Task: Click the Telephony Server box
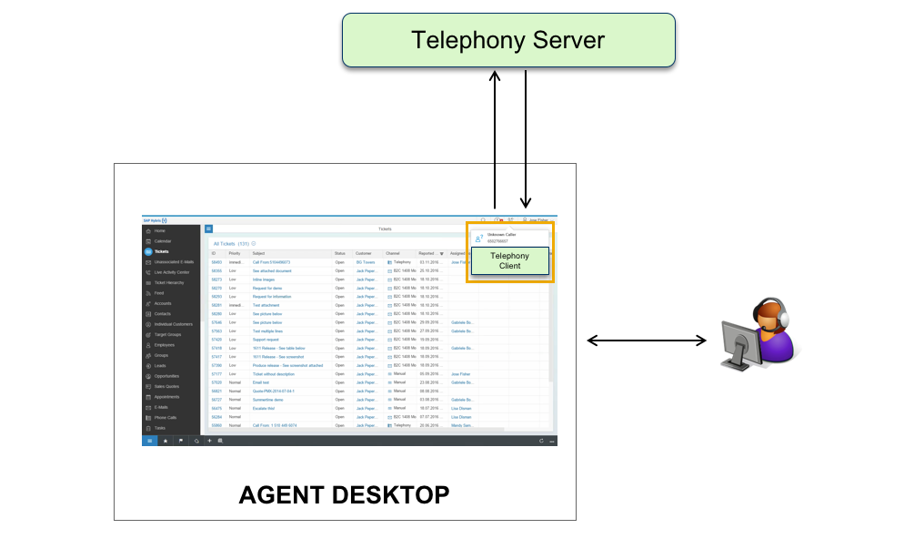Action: point(508,40)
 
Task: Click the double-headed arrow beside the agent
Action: point(647,341)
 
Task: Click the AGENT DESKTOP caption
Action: point(344,494)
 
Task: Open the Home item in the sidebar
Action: point(159,231)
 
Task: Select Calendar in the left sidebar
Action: point(163,241)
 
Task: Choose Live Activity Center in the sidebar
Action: point(171,272)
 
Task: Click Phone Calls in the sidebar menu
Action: point(166,417)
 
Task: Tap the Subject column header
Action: point(259,253)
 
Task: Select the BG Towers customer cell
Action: point(366,261)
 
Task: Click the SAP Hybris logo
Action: point(155,220)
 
